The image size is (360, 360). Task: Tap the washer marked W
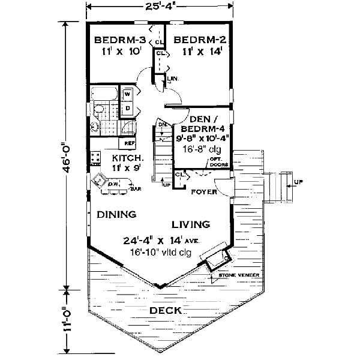click(127, 94)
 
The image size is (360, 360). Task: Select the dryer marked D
click(127, 108)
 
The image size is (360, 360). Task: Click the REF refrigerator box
click(129, 143)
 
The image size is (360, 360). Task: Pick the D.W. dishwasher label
click(113, 184)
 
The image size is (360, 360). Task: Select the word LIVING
click(191, 224)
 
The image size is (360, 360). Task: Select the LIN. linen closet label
click(173, 79)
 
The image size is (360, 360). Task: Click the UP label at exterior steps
click(298, 180)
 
